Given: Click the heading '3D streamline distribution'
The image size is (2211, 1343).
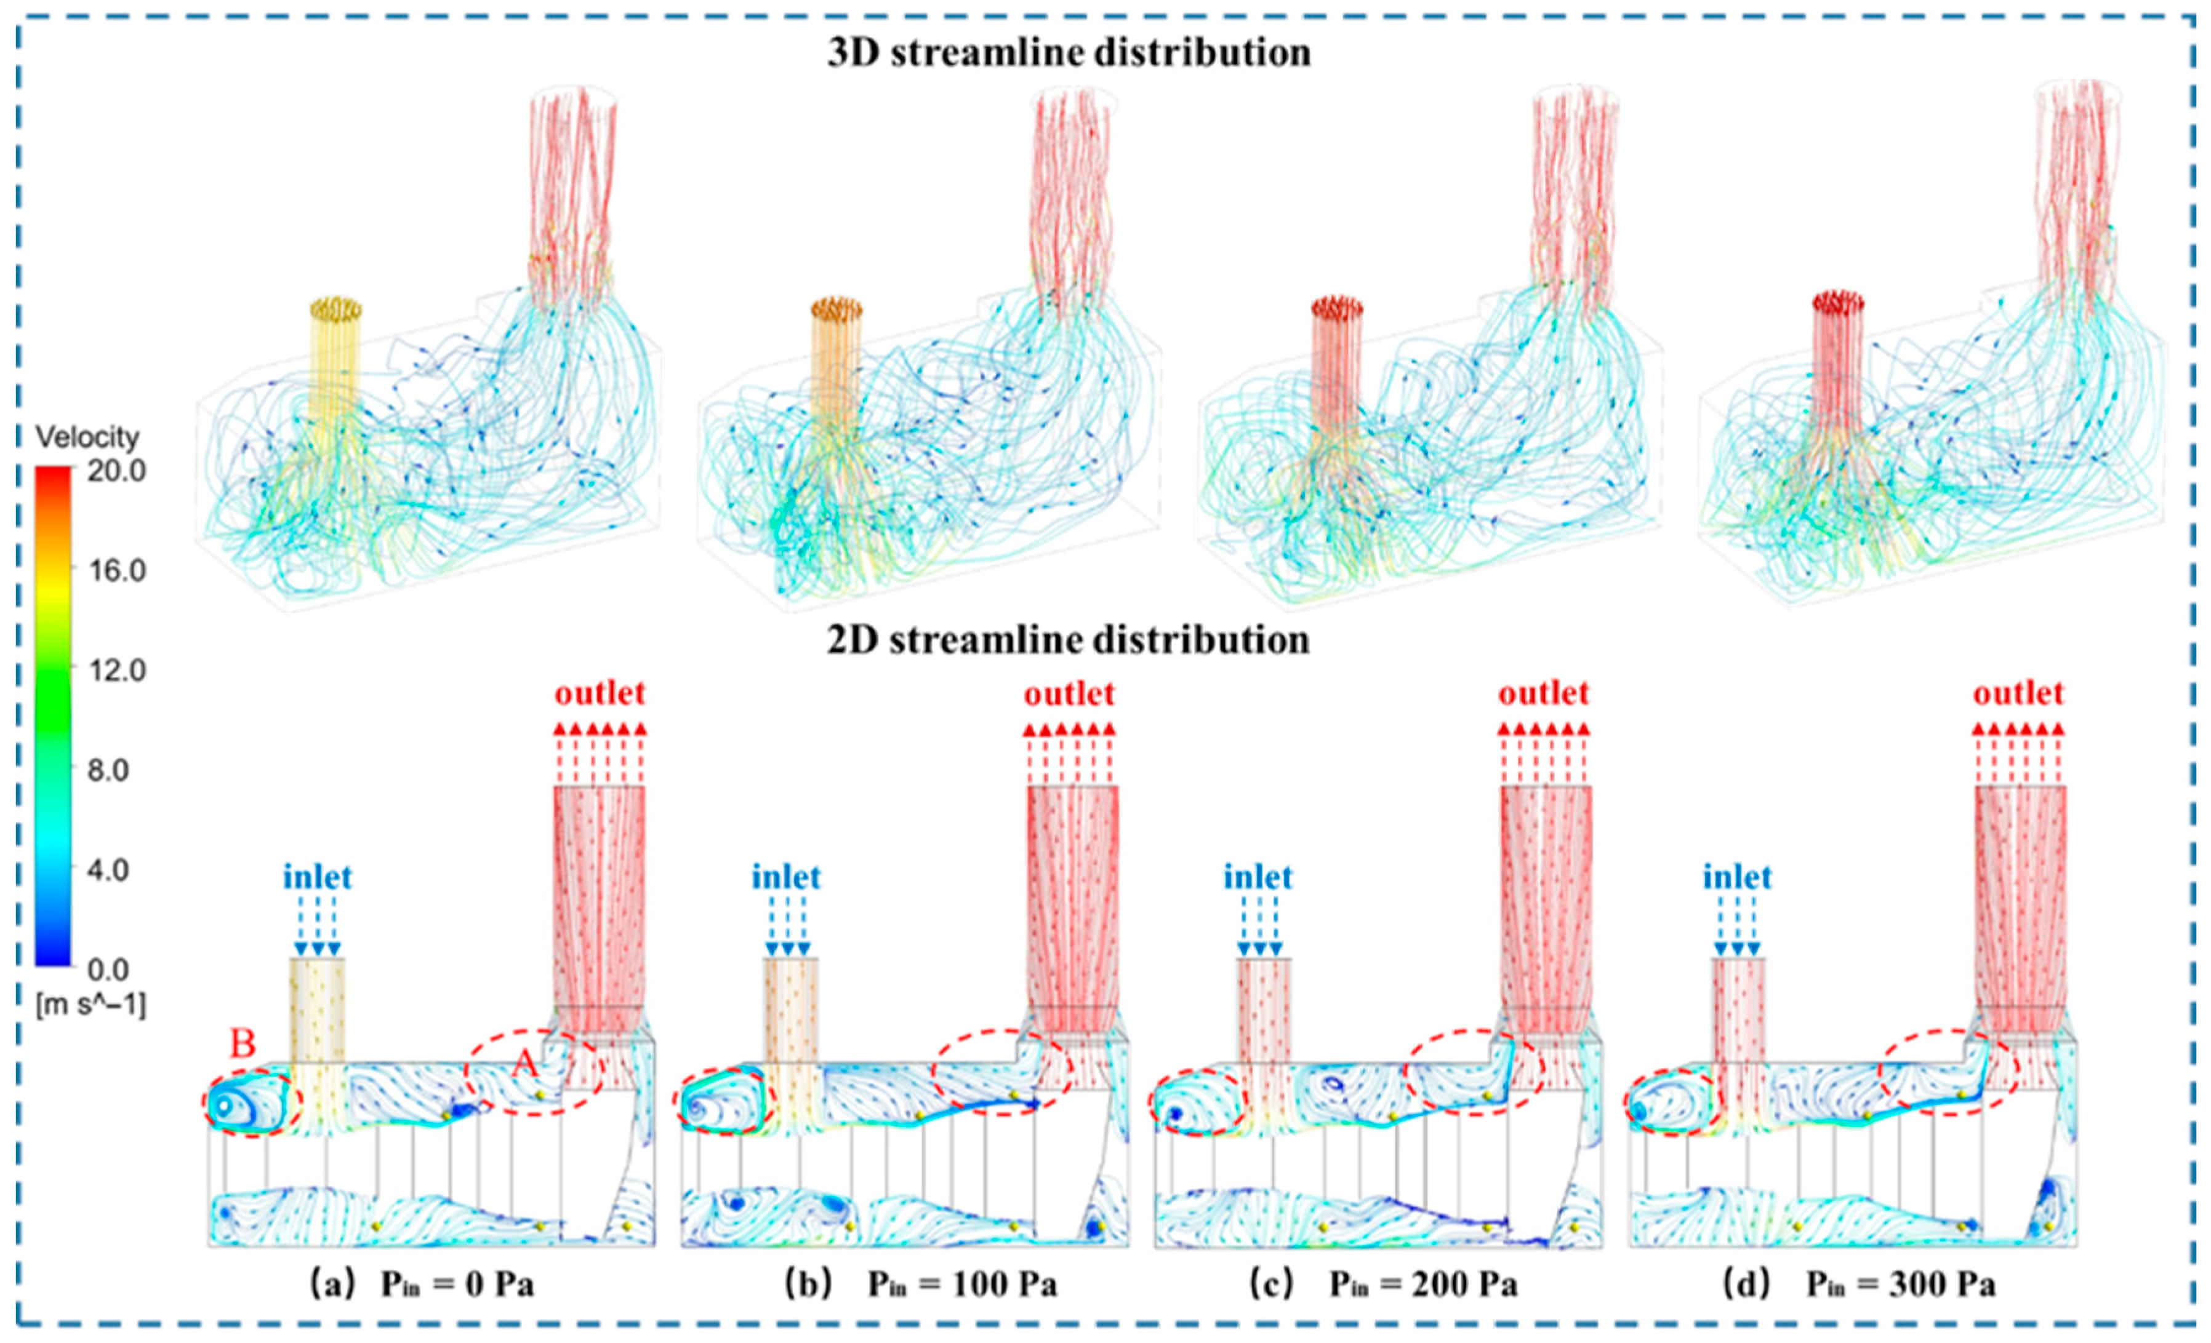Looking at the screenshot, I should [x=1068, y=52].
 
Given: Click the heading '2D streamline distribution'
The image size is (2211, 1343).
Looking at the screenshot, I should [x=1068, y=640].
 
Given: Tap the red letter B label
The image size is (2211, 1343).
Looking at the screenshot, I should [x=243, y=1043].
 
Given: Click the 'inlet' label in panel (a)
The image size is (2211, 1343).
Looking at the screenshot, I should [x=318, y=877].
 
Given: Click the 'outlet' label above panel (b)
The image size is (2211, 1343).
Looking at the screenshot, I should [x=1069, y=693].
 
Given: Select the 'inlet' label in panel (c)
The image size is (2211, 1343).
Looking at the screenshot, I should [x=1258, y=877].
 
